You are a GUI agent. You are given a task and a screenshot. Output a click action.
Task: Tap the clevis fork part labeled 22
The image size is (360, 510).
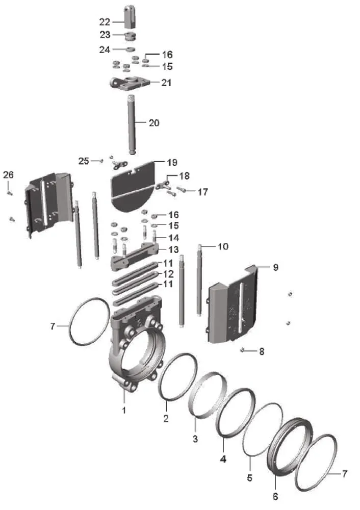pyautogui.click(x=131, y=17)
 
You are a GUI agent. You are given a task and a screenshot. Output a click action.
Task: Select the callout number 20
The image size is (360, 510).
pyautogui.click(x=154, y=122)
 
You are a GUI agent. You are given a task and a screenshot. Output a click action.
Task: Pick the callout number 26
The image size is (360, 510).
pyautogui.click(x=8, y=175)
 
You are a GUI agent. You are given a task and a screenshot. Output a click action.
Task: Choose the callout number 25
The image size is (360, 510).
pyautogui.click(x=84, y=161)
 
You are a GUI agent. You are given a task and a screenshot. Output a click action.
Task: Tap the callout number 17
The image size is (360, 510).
pyautogui.click(x=203, y=192)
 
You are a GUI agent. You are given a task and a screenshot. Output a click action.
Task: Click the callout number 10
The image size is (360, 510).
pyautogui.click(x=223, y=247)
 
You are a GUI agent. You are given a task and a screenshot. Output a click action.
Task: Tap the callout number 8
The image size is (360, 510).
pyautogui.click(x=262, y=351)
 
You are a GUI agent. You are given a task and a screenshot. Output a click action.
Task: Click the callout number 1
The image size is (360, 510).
pyautogui.click(x=123, y=409)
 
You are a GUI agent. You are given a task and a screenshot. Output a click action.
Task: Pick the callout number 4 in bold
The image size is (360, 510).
pyautogui.click(x=223, y=457)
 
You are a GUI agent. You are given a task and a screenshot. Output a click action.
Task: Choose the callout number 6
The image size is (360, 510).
pyautogui.click(x=275, y=496)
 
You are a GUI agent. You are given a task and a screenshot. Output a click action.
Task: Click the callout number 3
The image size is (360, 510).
pyautogui.click(x=195, y=439)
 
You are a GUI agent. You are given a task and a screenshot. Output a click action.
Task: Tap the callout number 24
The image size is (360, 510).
pyautogui.click(x=105, y=49)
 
